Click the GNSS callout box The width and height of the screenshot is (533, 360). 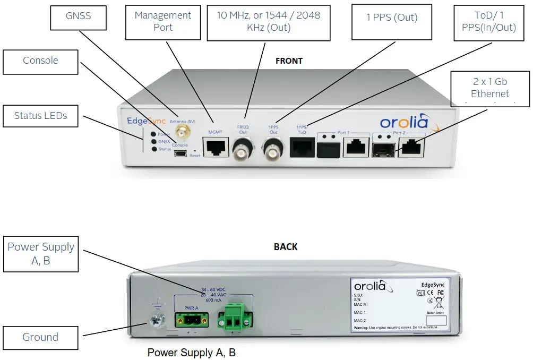(x=78, y=16)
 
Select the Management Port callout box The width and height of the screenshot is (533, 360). (x=163, y=22)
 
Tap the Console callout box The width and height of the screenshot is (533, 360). (x=40, y=61)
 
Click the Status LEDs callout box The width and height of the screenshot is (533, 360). (x=40, y=115)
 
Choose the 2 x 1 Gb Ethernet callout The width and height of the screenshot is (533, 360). (x=490, y=88)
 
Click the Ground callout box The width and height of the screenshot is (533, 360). (x=40, y=337)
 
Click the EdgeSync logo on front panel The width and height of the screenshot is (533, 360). (x=147, y=121)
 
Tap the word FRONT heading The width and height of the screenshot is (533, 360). (x=289, y=61)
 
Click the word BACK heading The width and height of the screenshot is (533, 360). (x=286, y=247)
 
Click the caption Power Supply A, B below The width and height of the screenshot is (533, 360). (x=192, y=353)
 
